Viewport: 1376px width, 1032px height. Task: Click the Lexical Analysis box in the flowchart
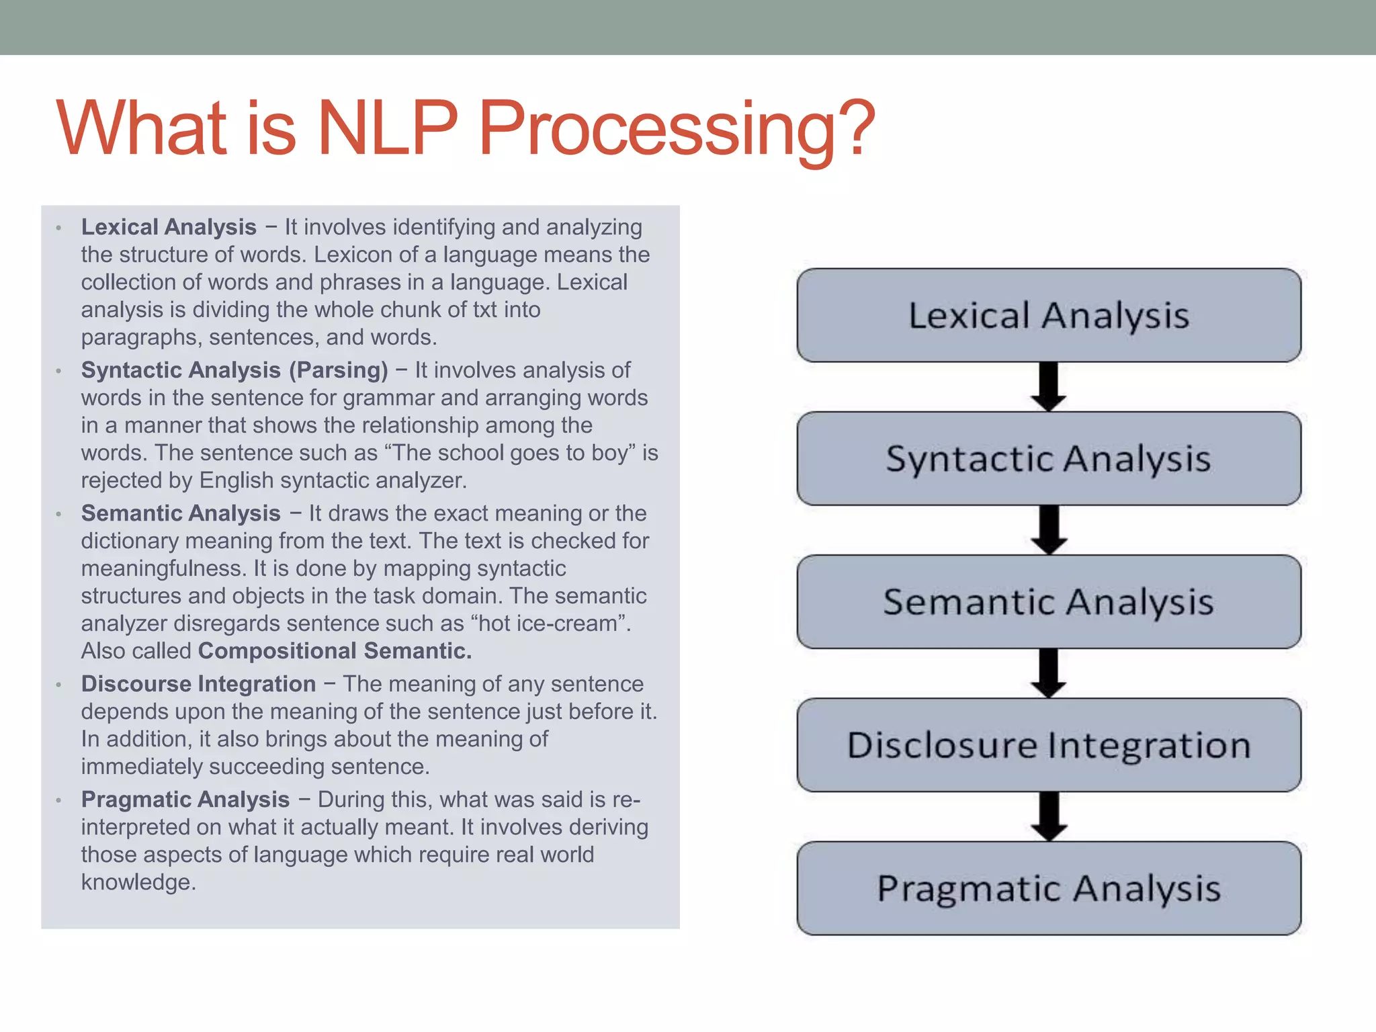coord(1049,315)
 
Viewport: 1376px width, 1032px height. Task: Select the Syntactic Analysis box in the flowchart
coord(1049,458)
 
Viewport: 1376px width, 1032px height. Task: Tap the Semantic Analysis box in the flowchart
coord(1049,601)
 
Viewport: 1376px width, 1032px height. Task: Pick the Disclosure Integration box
coord(1049,744)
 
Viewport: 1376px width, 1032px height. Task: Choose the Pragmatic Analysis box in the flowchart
coord(1049,888)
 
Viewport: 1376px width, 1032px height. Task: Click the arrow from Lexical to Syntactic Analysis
coord(1049,387)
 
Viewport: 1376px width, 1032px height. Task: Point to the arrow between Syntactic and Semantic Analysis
coord(1049,530)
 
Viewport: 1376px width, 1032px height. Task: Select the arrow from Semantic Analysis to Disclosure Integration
coord(1049,673)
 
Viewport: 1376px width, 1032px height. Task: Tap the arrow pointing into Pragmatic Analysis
coord(1049,816)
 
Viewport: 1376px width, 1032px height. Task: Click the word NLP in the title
coord(388,128)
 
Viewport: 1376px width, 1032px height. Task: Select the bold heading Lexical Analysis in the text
coord(169,227)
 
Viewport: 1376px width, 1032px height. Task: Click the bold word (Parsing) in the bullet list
coord(339,370)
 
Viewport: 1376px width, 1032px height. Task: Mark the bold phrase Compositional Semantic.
coord(335,650)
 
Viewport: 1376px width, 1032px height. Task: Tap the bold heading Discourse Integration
coord(198,684)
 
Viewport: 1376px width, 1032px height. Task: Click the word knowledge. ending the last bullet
coord(138,882)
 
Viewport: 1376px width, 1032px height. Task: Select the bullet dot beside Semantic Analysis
coord(59,515)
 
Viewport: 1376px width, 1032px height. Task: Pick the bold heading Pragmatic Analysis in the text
coord(185,800)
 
